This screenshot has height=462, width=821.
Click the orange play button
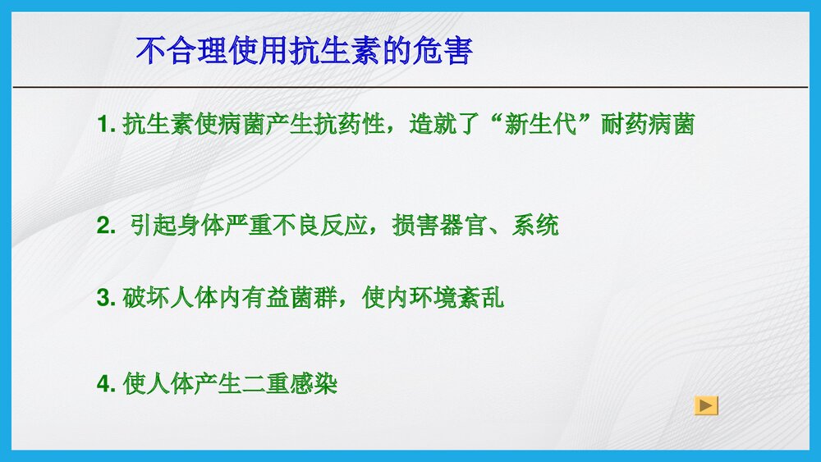pyautogui.click(x=706, y=405)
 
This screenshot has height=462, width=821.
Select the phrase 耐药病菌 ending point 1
pyautogui.click(x=648, y=126)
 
